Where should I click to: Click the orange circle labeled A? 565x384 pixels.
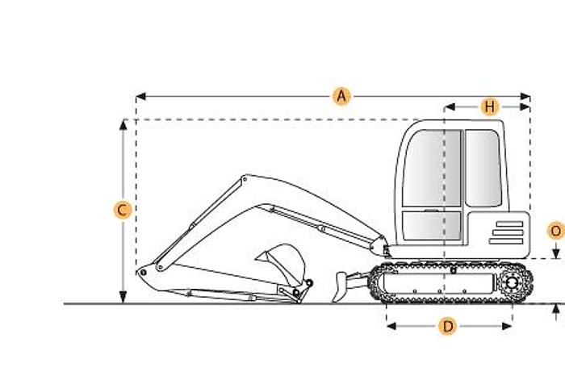coord(341,97)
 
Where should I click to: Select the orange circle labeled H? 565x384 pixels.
coord(490,106)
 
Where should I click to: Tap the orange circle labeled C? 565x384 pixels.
coord(122,211)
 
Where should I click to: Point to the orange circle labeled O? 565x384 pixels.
coord(555,231)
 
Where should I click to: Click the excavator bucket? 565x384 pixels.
coord(282,260)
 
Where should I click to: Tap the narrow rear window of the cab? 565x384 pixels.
coord(482,168)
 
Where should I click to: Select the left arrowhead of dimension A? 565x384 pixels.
coord(139,97)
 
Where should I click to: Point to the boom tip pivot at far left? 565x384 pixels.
coord(143,273)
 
